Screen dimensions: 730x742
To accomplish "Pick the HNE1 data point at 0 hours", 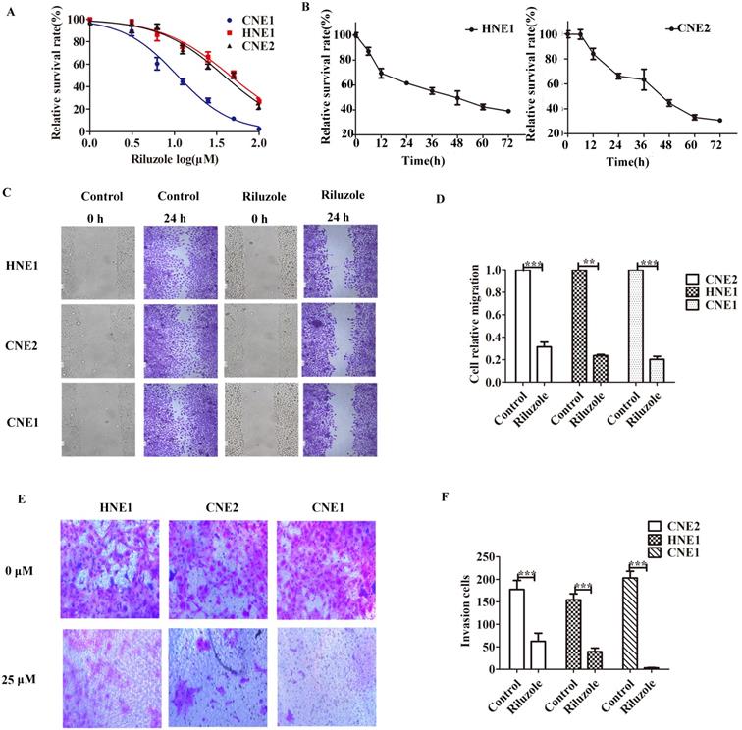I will click(355, 35).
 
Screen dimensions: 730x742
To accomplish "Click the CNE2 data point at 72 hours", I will click(719, 121).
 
